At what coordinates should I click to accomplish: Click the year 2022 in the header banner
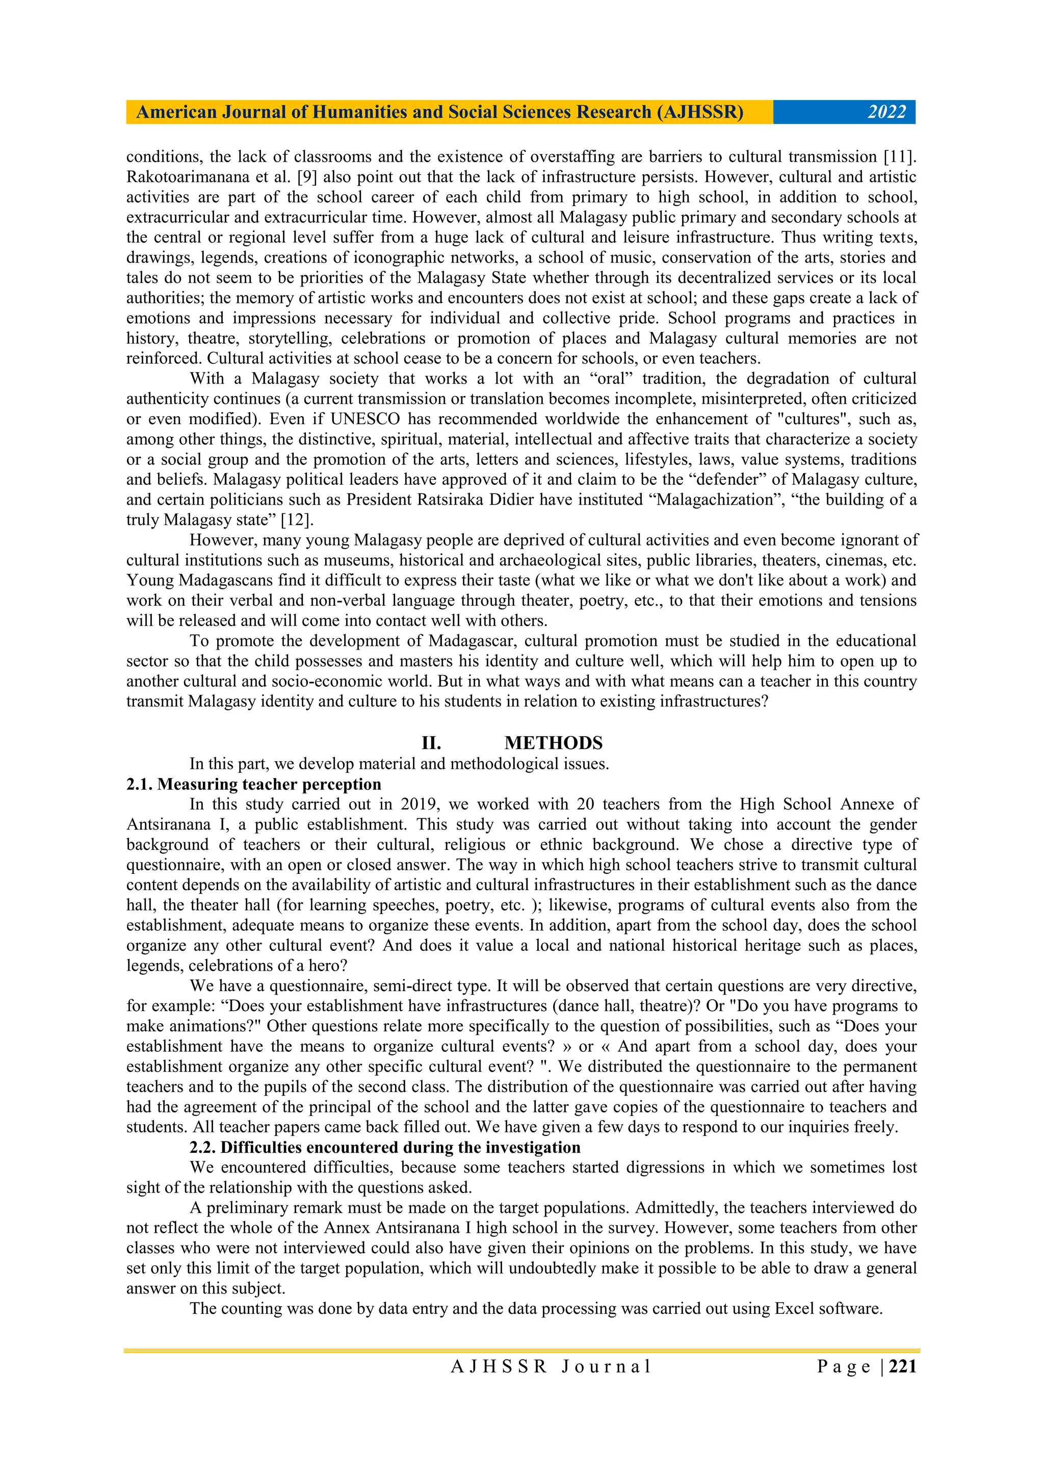pyautogui.click(x=886, y=113)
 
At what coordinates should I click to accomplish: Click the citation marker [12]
pyautogui.click(x=297, y=520)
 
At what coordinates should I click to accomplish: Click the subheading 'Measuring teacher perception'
pyautogui.click(x=269, y=784)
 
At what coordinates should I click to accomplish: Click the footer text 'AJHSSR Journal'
pyautogui.click(x=551, y=1367)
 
